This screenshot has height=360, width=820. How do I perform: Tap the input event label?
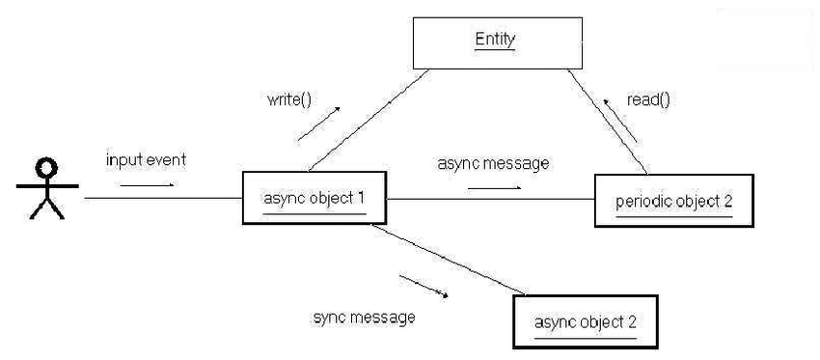(146, 158)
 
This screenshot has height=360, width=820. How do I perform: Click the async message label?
(493, 163)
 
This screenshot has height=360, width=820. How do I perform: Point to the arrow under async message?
(494, 187)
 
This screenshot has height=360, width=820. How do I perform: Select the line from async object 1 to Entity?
(368, 120)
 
